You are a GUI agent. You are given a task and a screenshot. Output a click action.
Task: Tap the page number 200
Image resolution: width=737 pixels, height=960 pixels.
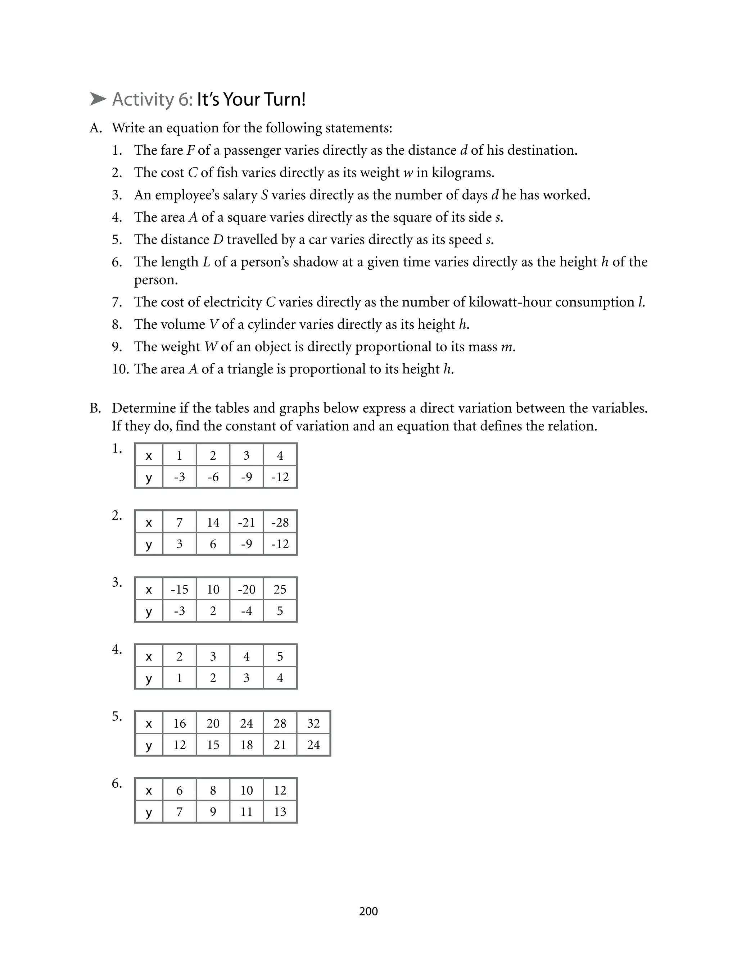[x=368, y=911]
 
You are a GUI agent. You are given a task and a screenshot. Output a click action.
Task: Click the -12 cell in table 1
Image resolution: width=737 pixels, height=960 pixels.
[x=280, y=477]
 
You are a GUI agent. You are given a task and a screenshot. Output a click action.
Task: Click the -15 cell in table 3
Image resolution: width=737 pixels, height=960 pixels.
[x=180, y=590]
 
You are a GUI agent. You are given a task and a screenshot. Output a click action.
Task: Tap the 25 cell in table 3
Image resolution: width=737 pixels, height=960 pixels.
[x=280, y=590]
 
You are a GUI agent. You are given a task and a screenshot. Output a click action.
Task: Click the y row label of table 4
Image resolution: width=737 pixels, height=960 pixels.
[x=149, y=678]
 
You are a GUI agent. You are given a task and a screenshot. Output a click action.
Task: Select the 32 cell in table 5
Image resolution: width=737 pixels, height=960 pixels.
[x=313, y=724]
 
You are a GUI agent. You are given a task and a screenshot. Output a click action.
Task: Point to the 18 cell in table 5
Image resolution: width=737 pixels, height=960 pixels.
[x=247, y=745]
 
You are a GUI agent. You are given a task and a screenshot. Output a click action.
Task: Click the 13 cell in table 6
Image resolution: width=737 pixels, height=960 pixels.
[x=280, y=812]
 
